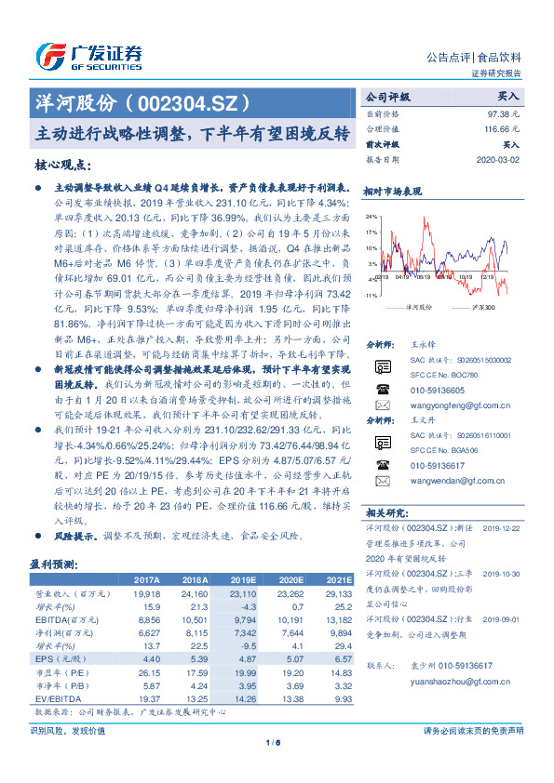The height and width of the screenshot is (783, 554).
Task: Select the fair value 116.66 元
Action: coord(502,128)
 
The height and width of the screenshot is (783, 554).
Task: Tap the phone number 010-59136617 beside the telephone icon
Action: coord(439,465)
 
